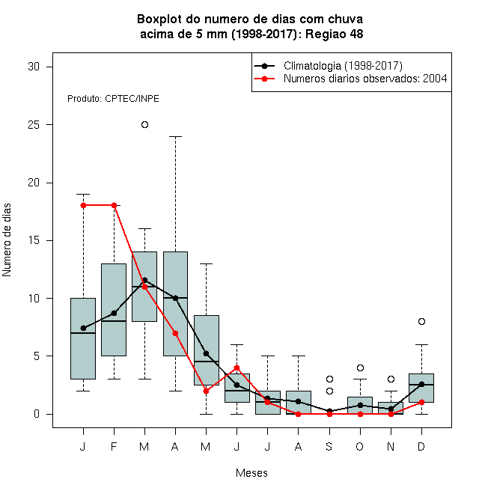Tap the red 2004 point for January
(x=84, y=205)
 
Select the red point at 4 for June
(x=237, y=368)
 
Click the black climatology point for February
(x=114, y=313)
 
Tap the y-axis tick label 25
(x=34, y=125)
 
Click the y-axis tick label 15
(x=34, y=241)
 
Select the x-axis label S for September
(x=329, y=446)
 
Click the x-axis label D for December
(x=421, y=446)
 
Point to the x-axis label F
(x=114, y=446)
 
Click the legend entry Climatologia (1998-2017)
(x=343, y=66)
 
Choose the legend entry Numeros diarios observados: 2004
(x=365, y=79)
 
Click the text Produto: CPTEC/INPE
(x=113, y=99)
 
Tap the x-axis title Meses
(x=251, y=473)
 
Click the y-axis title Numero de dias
(x=7, y=240)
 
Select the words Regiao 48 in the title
(x=334, y=34)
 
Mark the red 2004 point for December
(x=421, y=403)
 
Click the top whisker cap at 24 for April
(x=176, y=136)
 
